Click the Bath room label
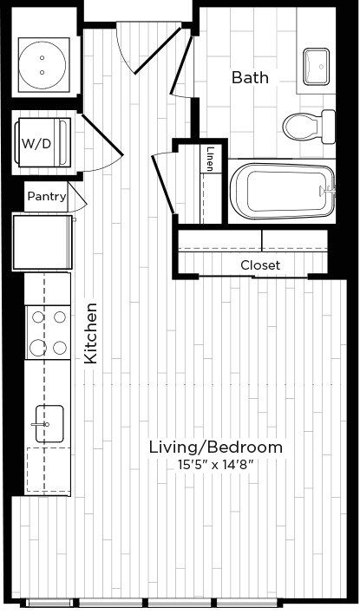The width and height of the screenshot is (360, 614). (250, 77)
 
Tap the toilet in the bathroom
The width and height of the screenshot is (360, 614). (310, 127)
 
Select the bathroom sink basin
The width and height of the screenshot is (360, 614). (316, 66)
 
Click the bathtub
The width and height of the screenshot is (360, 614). (283, 191)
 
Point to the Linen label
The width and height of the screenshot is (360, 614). (210, 159)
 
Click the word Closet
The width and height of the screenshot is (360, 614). (260, 265)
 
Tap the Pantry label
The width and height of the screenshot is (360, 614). (47, 196)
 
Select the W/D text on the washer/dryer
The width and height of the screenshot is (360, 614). (36, 144)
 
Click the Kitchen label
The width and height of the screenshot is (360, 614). (91, 333)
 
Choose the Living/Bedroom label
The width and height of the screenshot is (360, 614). (215, 447)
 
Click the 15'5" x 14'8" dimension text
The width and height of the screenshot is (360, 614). (216, 465)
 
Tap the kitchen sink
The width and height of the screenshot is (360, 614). (49, 424)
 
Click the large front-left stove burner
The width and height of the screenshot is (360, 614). (38, 348)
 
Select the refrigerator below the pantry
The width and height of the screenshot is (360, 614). (43, 242)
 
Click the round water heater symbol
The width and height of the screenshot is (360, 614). (43, 65)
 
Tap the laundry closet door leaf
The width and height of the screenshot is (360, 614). (102, 135)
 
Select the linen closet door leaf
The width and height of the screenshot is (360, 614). (163, 185)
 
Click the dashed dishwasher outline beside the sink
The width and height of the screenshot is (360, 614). (49, 469)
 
